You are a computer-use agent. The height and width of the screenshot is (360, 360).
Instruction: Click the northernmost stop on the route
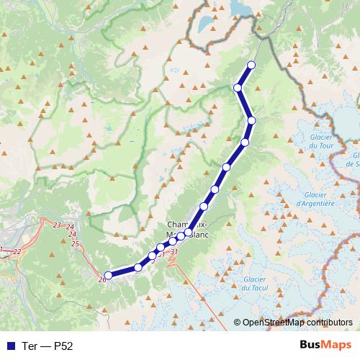coord(251,66)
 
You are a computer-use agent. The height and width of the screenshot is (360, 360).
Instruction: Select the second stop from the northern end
coord(238,88)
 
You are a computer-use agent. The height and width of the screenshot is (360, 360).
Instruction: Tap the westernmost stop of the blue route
coord(108,274)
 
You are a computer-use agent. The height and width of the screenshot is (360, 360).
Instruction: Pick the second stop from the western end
coord(138,268)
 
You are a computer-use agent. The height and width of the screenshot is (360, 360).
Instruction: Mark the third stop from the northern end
coord(251,120)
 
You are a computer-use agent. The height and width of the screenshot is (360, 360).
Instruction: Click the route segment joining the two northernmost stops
coord(245,76)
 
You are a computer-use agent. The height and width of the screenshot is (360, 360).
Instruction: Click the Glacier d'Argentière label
coord(315,199)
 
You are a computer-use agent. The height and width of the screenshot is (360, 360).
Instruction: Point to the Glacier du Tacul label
coord(255,284)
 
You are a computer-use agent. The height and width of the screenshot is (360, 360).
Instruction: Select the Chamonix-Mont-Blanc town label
coord(189,228)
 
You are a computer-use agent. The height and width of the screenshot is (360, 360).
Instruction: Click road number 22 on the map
coord(17,251)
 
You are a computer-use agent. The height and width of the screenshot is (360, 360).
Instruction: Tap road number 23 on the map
coord(57,225)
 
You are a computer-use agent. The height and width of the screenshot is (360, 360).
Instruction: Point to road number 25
coord(75,244)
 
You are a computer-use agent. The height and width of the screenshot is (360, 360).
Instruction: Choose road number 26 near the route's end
coord(101,279)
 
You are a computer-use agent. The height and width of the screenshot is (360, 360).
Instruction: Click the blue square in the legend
coord(10,345)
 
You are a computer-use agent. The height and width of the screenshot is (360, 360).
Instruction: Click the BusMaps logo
coord(325,344)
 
